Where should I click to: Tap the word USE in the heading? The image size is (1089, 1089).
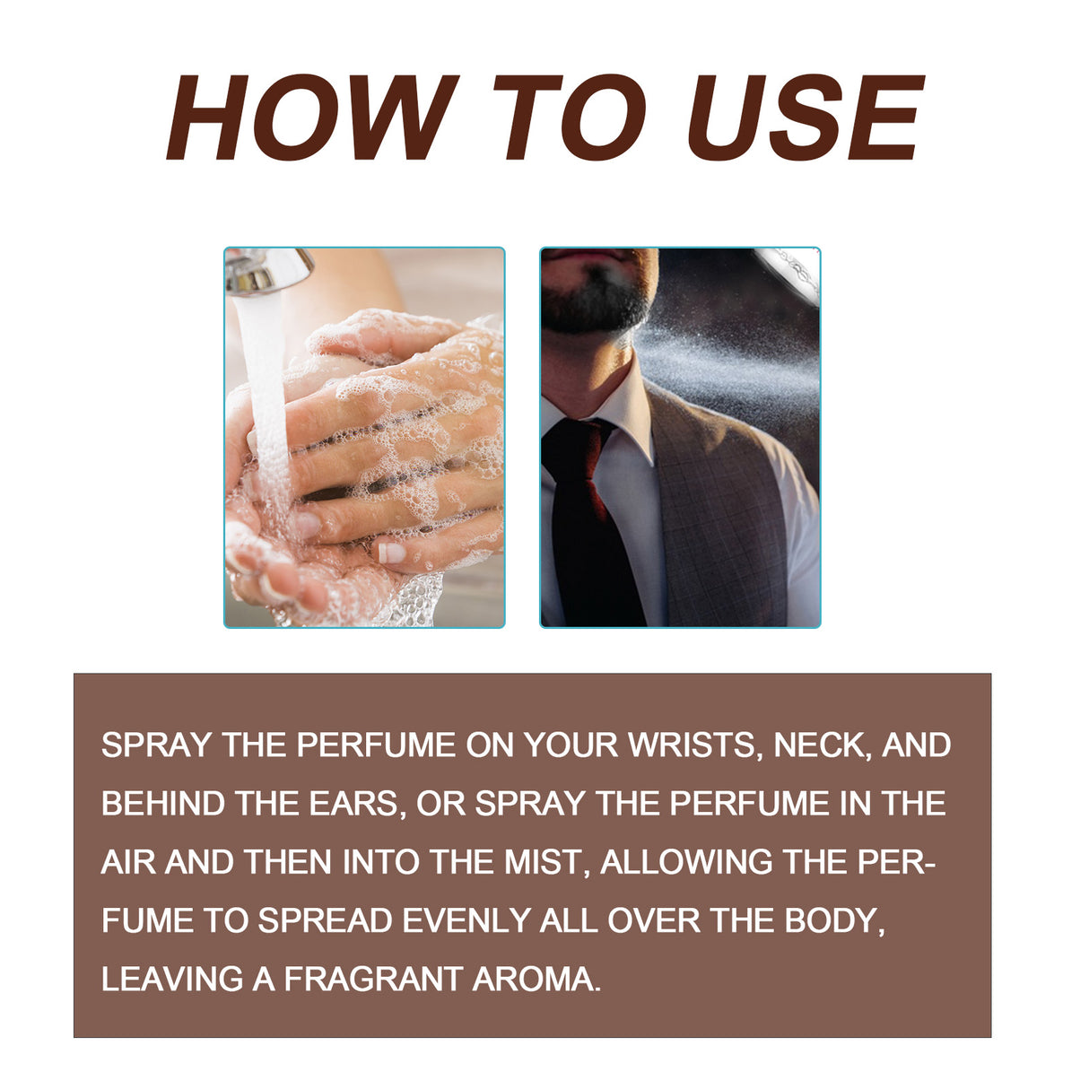[805, 118]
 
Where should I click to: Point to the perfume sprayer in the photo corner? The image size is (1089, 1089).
[794, 269]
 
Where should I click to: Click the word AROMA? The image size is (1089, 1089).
[536, 979]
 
